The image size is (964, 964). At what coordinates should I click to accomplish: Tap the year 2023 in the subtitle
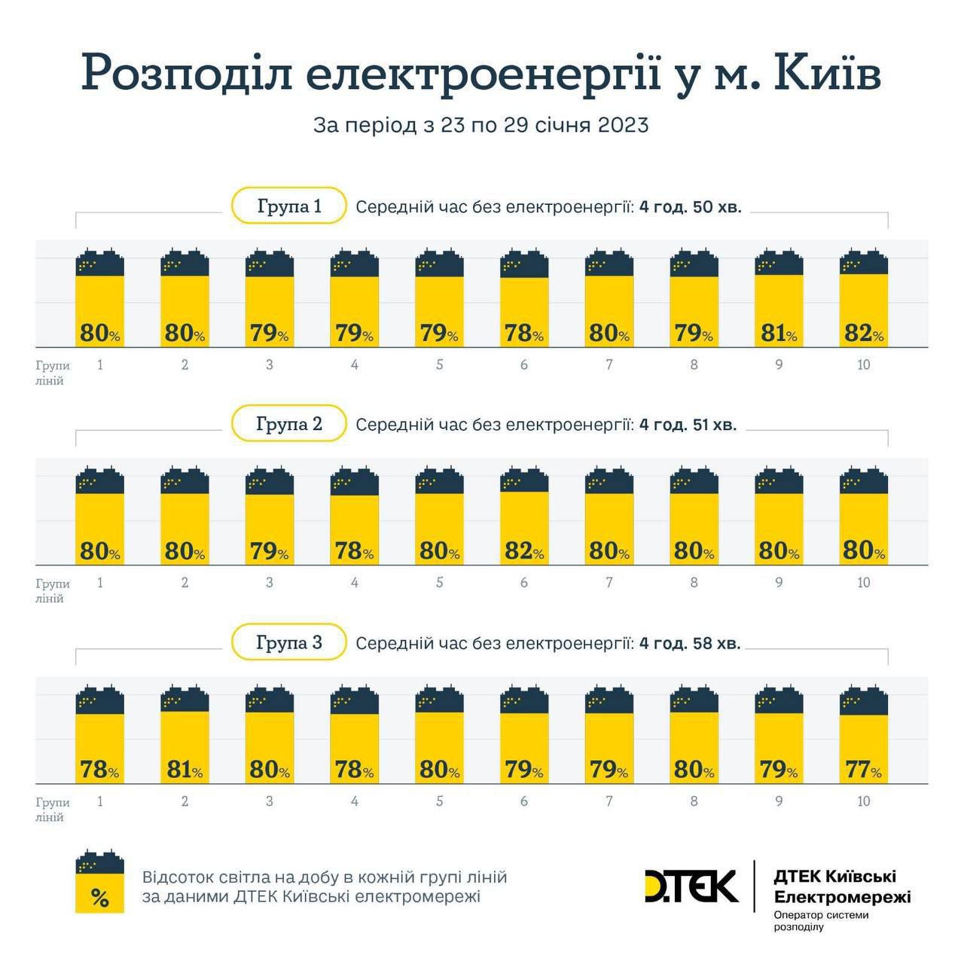coord(623,125)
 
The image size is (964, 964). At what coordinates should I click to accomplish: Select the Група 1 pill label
coord(289,206)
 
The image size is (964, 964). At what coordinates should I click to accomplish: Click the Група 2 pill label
coord(289,424)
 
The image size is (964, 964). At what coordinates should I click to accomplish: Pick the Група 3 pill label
coord(289,642)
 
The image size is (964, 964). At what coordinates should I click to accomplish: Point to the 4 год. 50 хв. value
coord(691,207)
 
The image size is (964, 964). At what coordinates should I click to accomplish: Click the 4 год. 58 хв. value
coord(690,644)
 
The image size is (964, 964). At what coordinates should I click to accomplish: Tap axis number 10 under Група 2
coord(863,582)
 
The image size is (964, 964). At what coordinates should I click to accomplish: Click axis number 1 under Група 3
coord(100,801)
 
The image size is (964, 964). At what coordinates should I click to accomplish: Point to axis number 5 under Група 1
coord(439,365)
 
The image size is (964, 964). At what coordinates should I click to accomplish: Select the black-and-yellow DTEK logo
coord(691,886)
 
